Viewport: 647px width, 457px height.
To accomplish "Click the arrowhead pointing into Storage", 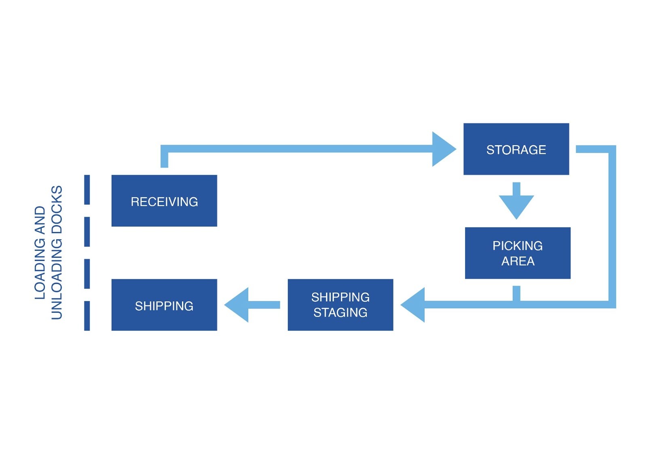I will pos(443,149).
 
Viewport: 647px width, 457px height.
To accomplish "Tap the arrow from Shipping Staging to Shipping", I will pos(251,305).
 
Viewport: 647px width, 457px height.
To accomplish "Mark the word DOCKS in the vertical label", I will pos(57,210).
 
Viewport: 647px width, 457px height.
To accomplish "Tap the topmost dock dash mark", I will pos(87,190).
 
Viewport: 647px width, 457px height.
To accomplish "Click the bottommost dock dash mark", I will pos(87,316).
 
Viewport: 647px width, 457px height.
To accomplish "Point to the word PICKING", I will pos(518,246).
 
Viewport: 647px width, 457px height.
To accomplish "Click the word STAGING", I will pos(340,312).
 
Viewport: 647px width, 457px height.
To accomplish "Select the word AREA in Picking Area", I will pos(518,261).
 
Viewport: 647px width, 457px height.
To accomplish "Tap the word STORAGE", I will pos(516,150).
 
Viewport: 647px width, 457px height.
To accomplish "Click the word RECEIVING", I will pos(164,202).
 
